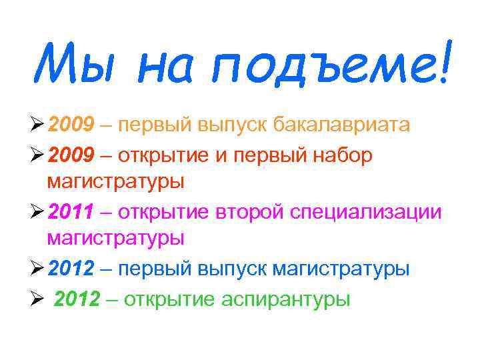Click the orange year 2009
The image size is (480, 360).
pyautogui.click(x=72, y=125)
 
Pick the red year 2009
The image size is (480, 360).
pyautogui.click(x=72, y=155)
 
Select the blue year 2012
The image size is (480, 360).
pyautogui.click(x=72, y=269)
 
